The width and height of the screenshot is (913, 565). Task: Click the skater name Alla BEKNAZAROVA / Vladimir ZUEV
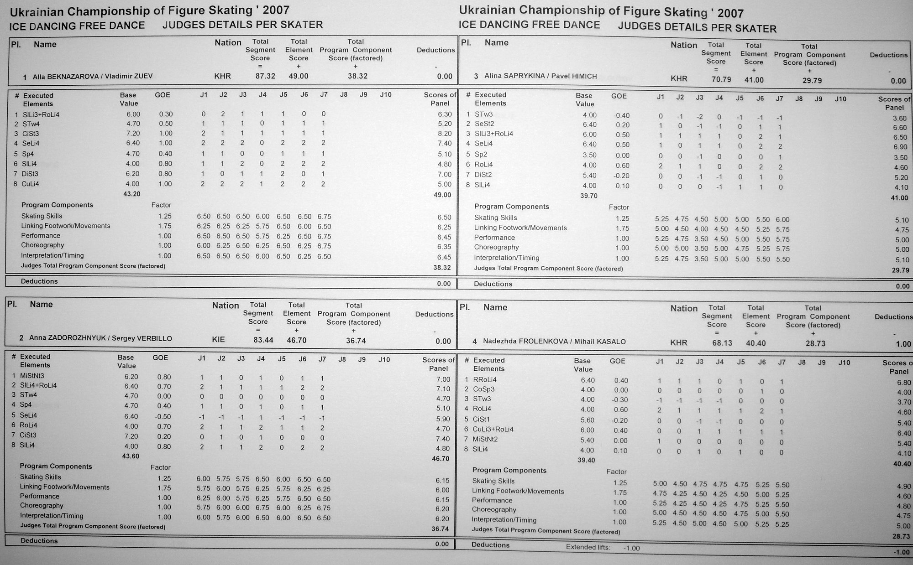pyautogui.click(x=92, y=77)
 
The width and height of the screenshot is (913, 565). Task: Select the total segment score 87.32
pyautogui.click(x=265, y=76)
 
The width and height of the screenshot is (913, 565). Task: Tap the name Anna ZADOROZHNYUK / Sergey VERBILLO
pyautogui.click(x=100, y=338)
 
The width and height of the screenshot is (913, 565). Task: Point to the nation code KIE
pyautogui.click(x=219, y=340)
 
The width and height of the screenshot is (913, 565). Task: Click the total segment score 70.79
pyautogui.click(x=721, y=79)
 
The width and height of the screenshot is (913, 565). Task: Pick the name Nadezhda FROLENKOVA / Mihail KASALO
pyautogui.click(x=554, y=342)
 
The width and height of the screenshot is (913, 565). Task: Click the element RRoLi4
pyautogui.click(x=485, y=379)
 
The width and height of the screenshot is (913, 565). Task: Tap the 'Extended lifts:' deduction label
pyautogui.click(x=588, y=547)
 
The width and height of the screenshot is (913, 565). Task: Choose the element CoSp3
pyautogui.click(x=484, y=389)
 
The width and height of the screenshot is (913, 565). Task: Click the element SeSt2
pyautogui.click(x=484, y=124)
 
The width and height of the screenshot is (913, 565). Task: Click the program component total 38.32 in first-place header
pyautogui.click(x=357, y=76)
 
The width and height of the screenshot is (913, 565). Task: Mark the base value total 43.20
pyautogui.click(x=131, y=194)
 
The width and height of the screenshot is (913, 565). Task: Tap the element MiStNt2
pyautogui.click(x=485, y=439)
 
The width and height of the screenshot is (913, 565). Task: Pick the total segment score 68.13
pyautogui.click(x=722, y=343)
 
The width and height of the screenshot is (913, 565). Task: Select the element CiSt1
pyautogui.click(x=483, y=419)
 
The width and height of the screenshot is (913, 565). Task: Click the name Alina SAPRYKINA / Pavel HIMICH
pyautogui.click(x=540, y=76)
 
